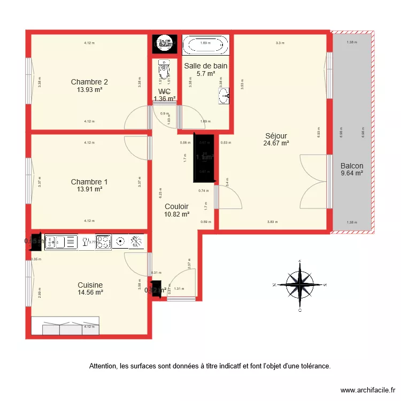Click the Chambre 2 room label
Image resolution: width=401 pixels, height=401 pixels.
pyautogui.click(x=89, y=82)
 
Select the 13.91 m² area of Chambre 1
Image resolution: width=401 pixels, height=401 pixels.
pyautogui.click(x=89, y=189)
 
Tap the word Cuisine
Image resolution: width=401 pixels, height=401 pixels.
pyautogui.click(x=90, y=285)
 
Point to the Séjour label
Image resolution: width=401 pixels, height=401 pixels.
pyautogui.click(x=276, y=135)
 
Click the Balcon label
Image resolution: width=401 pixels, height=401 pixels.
pyautogui.click(x=352, y=166)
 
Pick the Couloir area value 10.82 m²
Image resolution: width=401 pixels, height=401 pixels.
pyautogui.click(x=176, y=214)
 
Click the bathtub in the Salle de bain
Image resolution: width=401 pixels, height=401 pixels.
pyautogui.click(x=205, y=44)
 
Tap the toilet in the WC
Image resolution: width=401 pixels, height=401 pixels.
pyautogui.click(x=164, y=71)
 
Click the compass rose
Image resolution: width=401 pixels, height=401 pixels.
pyautogui.click(x=300, y=284)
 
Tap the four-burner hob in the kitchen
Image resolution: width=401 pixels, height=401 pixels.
pyautogui.click(x=103, y=242)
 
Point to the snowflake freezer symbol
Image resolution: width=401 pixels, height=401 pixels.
pyautogui.click(x=137, y=242)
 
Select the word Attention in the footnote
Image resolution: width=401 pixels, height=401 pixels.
pyautogui.click(x=103, y=366)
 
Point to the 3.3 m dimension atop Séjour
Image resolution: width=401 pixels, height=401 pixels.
pyautogui.click(x=280, y=43)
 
